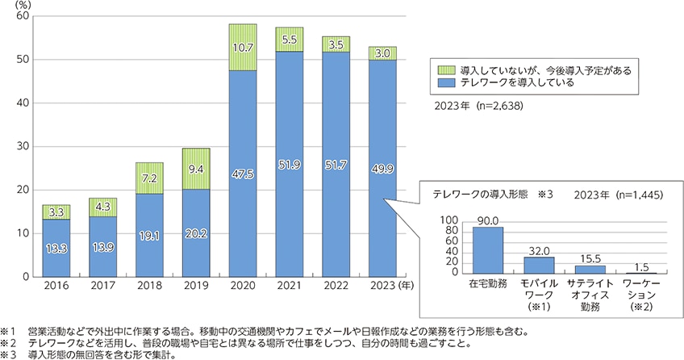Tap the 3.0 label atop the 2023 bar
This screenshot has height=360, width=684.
click(x=383, y=53)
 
